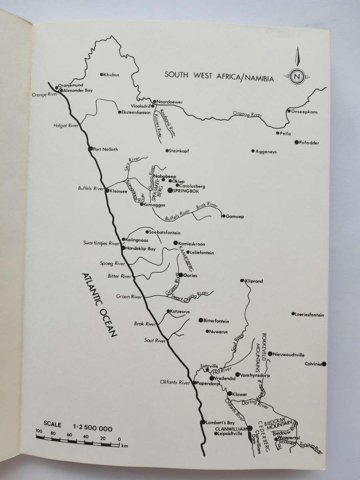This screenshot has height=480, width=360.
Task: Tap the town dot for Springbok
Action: click(x=170, y=191)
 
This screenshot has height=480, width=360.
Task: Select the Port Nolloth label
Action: click(x=105, y=149)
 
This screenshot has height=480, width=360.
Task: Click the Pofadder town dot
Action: click(x=296, y=142)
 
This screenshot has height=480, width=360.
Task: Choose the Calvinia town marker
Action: click(x=324, y=364)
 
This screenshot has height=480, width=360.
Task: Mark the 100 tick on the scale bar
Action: click(x=39, y=437)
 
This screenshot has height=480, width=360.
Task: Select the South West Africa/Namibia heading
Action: click(x=220, y=76)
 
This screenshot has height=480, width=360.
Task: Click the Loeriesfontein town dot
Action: click(x=293, y=314)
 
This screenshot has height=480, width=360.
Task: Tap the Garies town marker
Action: click(x=181, y=275)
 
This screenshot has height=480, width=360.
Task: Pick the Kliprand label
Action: click(x=254, y=281)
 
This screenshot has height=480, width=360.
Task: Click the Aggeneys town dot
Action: click(x=253, y=151)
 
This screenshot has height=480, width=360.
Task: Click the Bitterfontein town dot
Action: click(x=201, y=320)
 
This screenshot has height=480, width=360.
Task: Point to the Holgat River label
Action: click(x=65, y=126)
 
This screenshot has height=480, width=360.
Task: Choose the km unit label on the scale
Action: click(x=124, y=445)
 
